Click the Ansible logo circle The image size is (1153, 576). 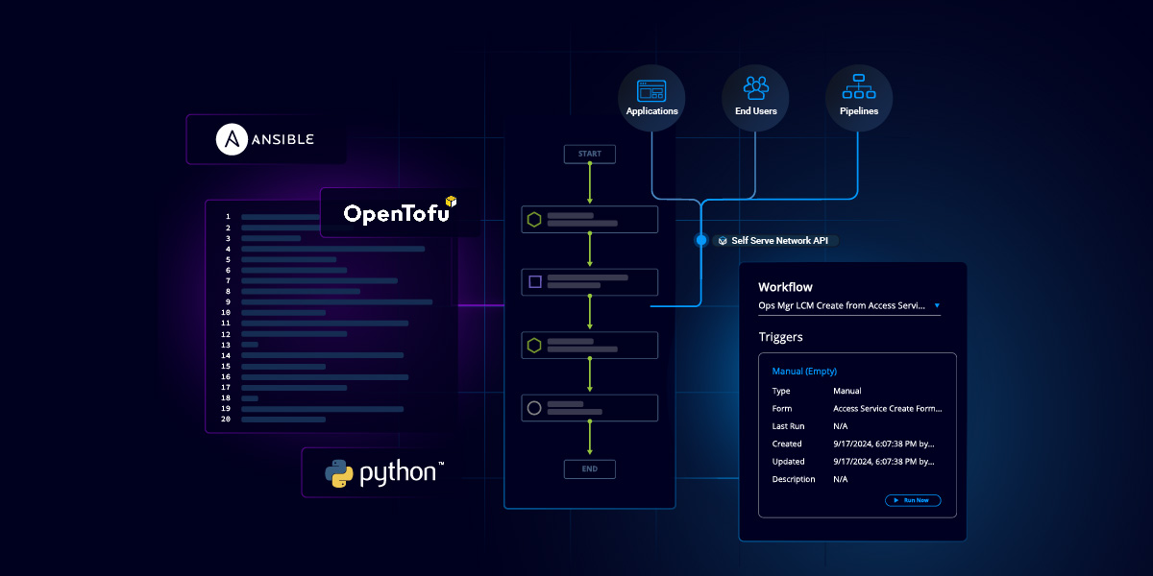coord(231,139)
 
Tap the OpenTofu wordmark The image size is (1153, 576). coord(396,213)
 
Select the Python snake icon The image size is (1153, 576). coord(339,473)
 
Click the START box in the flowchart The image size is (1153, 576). coord(589,154)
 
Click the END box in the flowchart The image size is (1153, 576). coord(589,468)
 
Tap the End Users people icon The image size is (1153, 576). coord(755,88)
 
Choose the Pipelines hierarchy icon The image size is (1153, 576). coord(858,88)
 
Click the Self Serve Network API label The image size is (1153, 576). coord(779,241)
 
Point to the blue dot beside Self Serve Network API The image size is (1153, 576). coord(701,240)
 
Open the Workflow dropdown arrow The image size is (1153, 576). coord(937,306)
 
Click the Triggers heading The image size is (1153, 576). coord(780,337)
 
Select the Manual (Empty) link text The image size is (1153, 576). coord(804,371)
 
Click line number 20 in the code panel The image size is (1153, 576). coord(226,420)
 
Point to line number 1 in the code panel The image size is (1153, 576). coord(228,217)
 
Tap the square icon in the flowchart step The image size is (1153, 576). coord(535,282)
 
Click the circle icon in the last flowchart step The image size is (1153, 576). coord(534,408)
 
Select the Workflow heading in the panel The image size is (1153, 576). coord(785,287)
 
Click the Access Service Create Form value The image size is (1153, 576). coord(887,408)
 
